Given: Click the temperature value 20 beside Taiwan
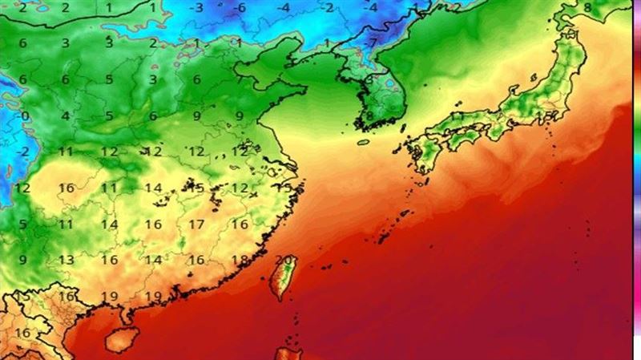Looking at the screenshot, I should click(283, 259).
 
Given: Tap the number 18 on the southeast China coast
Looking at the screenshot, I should click(239, 260).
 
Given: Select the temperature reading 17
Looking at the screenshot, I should click(196, 224).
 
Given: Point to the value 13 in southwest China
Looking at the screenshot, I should click(67, 260).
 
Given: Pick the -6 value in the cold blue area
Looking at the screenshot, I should click(240, 8).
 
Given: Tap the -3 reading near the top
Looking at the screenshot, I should click(197, 8).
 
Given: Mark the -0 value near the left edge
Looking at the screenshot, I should click(24, 115).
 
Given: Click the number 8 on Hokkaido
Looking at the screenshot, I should click(587, 8).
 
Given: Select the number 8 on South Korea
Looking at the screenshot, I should click(369, 115).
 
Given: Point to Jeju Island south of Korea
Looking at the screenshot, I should click(362, 143).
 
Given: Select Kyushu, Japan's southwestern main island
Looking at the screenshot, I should click(421, 156).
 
